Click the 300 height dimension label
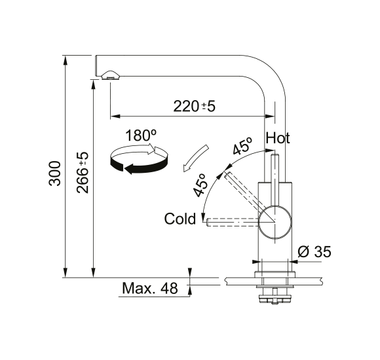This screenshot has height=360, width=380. [54, 173]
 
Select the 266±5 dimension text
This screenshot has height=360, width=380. [83, 173]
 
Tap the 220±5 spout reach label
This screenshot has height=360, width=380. [194, 106]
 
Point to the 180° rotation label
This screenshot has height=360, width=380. [141, 135]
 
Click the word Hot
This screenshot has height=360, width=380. [278, 138]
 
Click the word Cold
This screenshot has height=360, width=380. [180, 219]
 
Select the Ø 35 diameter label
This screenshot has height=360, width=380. [314, 251]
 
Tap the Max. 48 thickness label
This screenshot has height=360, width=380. [150, 288]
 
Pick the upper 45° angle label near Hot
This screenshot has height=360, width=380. [242, 146]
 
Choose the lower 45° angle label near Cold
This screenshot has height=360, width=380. [200, 185]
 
